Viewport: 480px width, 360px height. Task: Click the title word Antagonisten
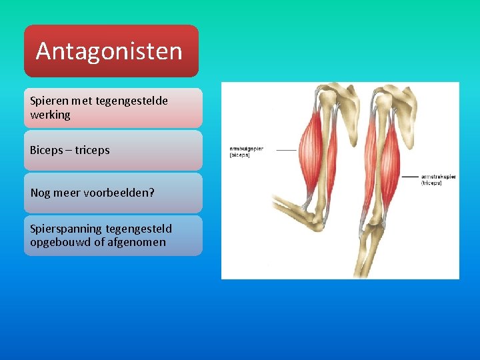click(x=109, y=51)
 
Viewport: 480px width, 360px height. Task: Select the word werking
click(x=50, y=115)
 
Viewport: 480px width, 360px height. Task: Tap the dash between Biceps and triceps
click(x=69, y=151)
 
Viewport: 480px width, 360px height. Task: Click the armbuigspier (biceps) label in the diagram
click(x=247, y=151)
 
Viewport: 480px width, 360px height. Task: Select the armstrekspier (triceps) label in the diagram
click(x=438, y=179)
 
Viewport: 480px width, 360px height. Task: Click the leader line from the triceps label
click(x=409, y=177)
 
